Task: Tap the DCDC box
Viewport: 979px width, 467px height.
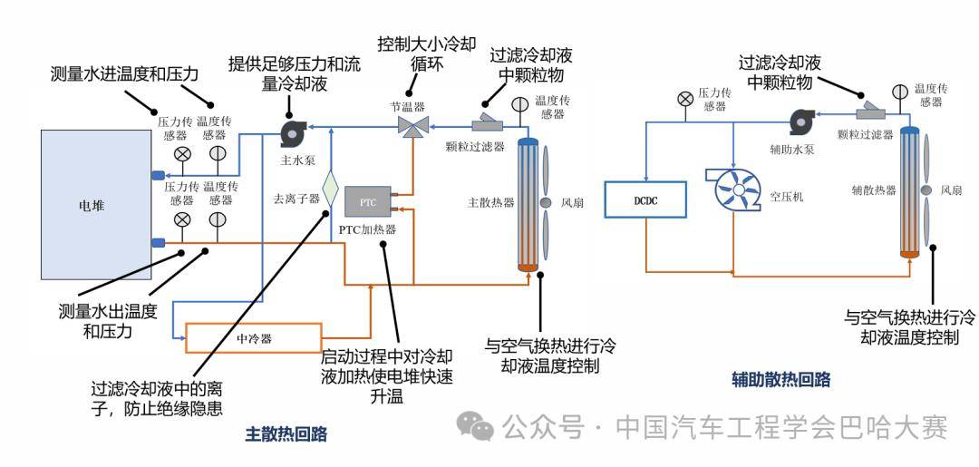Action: pos(645,200)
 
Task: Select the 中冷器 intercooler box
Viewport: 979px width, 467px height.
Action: pos(255,337)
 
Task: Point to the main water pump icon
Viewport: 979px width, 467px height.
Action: pos(293,134)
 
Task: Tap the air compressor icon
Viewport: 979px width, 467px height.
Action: pos(734,189)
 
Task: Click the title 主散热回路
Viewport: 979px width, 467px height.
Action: pos(286,434)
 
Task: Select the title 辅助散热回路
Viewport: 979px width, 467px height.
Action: pos(781,379)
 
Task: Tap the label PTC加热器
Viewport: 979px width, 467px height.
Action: pos(367,229)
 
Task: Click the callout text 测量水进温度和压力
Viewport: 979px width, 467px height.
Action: pos(124,73)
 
